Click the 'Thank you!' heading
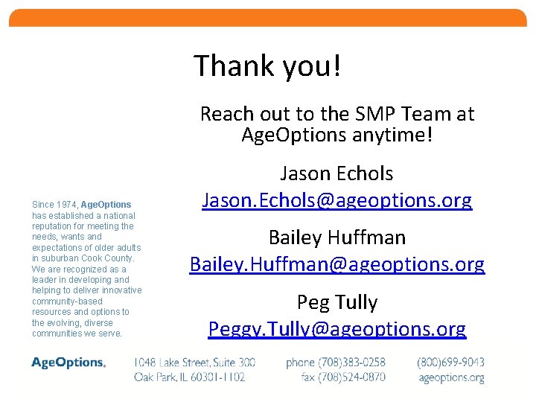(268, 66)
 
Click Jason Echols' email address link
(337, 200)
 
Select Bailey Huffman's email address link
(337, 264)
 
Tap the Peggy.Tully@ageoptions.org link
(337, 329)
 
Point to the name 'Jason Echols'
(336, 173)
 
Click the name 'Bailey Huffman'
(337, 237)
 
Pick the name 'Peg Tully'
(337, 302)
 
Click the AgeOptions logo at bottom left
(68, 363)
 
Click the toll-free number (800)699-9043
(451, 363)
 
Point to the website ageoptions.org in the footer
(451, 377)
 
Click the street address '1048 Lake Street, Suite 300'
(194, 363)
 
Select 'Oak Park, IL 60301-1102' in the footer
(190, 377)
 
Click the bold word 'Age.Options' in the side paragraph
(106, 204)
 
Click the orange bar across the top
(268, 18)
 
